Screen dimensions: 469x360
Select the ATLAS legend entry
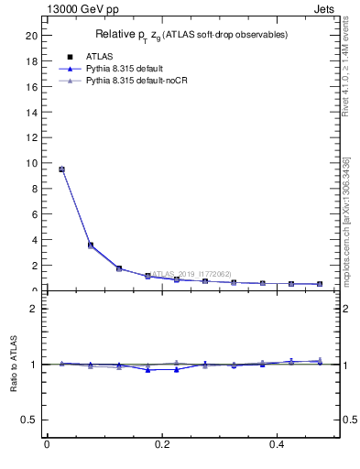click(x=87, y=56)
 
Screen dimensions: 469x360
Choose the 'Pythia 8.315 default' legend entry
click(x=116, y=69)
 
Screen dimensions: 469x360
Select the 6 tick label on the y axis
click(x=34, y=214)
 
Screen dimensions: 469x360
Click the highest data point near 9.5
click(x=61, y=169)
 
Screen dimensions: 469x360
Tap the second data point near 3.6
click(x=90, y=245)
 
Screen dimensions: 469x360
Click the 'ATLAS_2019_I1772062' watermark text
click(x=191, y=274)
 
